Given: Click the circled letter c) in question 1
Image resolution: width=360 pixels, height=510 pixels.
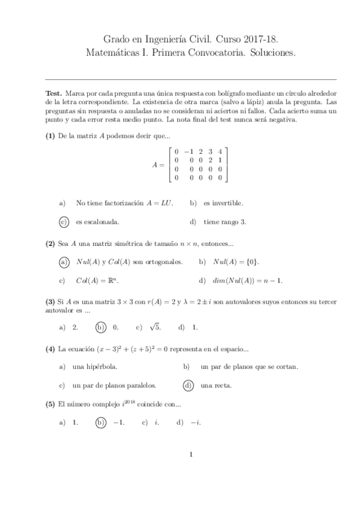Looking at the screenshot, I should [64, 221].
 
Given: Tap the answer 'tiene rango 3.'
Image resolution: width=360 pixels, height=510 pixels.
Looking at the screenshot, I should [225, 221].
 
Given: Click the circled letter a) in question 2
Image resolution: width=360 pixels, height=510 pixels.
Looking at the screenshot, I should [64, 262].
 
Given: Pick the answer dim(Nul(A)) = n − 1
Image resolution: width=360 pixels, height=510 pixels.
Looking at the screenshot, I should [248, 280].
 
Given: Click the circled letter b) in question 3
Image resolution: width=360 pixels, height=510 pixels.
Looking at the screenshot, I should [100, 327].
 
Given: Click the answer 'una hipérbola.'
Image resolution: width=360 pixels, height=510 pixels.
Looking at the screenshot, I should [95, 366].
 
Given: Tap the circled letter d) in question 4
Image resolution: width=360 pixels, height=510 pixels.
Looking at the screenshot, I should [188, 385].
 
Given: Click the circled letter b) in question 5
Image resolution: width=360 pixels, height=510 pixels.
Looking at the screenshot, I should [100, 422].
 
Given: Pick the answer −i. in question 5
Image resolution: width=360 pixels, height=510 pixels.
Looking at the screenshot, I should [195, 422].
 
